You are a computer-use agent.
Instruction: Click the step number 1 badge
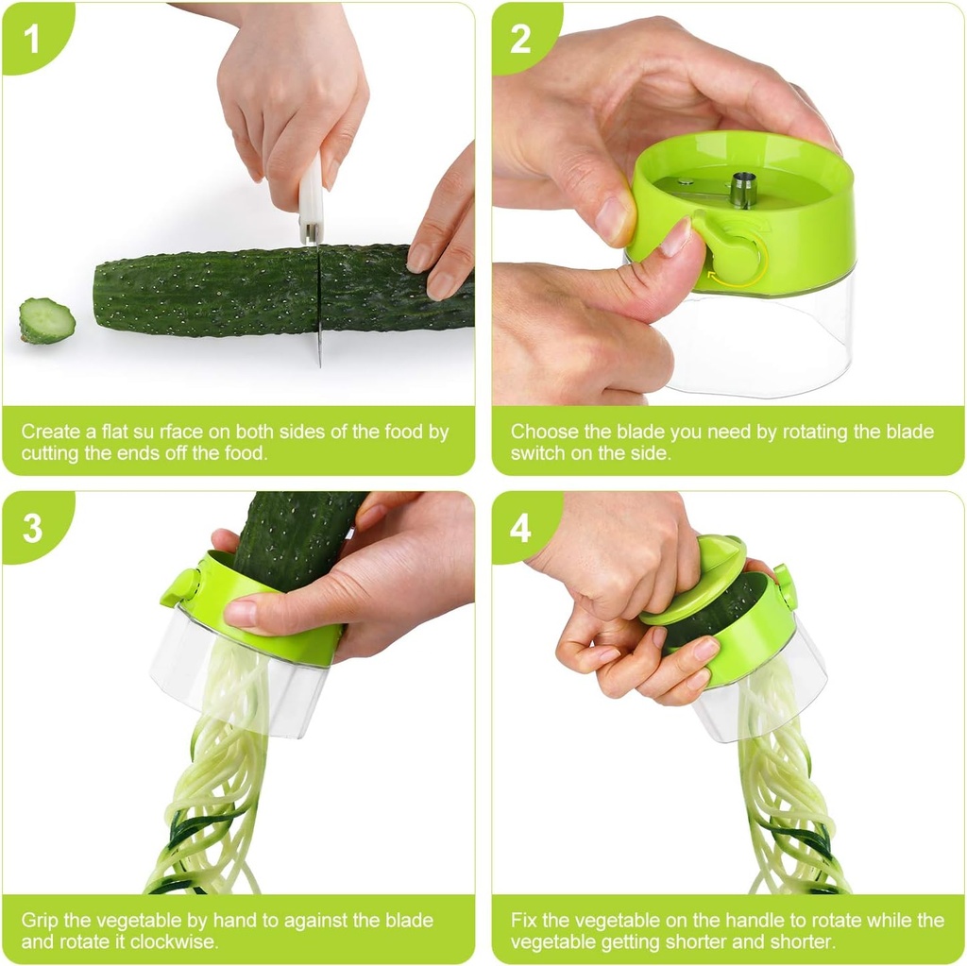tap(31, 39)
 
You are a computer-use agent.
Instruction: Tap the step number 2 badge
tap(520, 39)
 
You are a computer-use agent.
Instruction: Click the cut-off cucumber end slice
tap(46, 321)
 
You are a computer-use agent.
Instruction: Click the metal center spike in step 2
tap(743, 190)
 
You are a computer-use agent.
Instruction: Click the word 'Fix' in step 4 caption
tap(524, 920)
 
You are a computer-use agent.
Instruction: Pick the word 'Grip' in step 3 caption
tap(40, 920)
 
